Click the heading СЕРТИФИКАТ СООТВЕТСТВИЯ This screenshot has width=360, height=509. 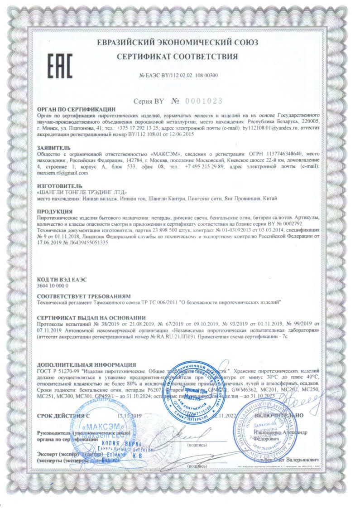(177, 57)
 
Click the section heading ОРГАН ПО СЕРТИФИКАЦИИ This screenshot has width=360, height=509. (77, 109)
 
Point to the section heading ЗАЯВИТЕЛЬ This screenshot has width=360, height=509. (54, 148)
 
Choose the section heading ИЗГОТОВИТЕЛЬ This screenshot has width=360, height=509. (59, 186)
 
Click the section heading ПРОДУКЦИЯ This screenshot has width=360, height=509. (55, 211)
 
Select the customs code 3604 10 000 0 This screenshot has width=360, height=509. (53, 286)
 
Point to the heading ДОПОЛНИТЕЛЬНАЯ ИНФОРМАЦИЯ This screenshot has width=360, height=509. (86, 364)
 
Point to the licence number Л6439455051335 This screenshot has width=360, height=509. (86, 243)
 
